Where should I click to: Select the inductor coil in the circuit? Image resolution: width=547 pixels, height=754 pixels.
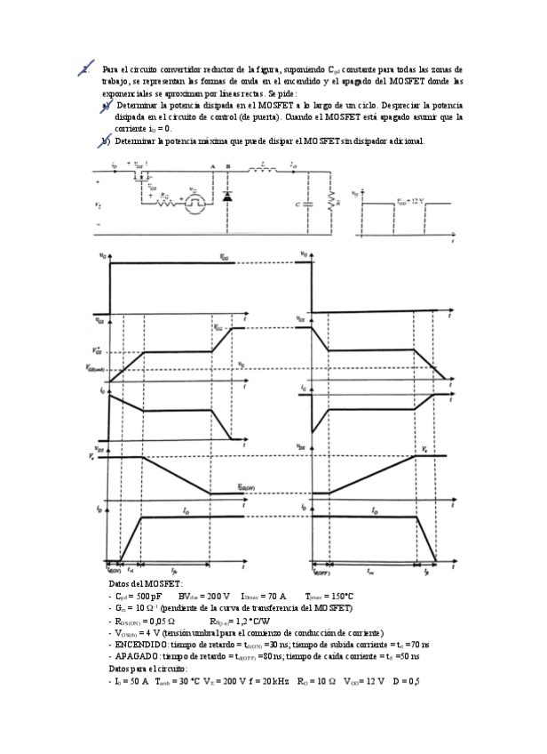pyautogui.click(x=264, y=166)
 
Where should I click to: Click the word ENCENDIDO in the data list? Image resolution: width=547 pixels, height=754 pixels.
pyautogui.click(x=138, y=645)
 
